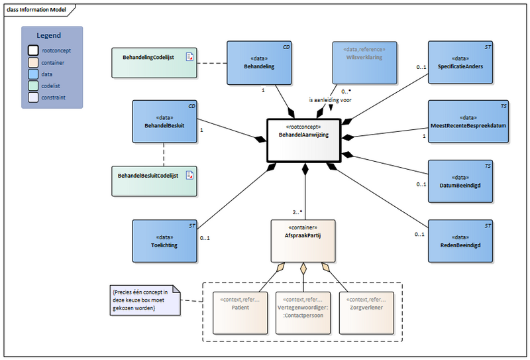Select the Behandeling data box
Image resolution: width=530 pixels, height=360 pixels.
tap(259, 63)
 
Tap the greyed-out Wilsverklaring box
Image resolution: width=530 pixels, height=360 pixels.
tap(364, 63)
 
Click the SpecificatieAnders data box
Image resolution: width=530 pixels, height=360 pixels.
tap(460, 63)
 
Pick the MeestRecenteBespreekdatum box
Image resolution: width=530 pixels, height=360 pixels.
tap(468, 122)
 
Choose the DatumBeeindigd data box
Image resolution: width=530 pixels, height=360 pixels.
tap(460, 181)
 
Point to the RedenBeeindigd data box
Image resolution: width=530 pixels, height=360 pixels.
tap(460, 240)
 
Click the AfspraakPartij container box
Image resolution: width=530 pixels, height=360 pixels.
tap(302, 240)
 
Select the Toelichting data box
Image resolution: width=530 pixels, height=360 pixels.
tap(164, 240)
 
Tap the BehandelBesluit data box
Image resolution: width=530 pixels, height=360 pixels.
tap(164, 121)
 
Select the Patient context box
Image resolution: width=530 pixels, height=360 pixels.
tap(239, 312)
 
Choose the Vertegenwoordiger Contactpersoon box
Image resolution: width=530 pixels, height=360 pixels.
tap(302, 312)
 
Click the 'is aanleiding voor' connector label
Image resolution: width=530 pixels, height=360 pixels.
tap(330, 100)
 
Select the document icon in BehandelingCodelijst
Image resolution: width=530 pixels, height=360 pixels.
tap(189, 58)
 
